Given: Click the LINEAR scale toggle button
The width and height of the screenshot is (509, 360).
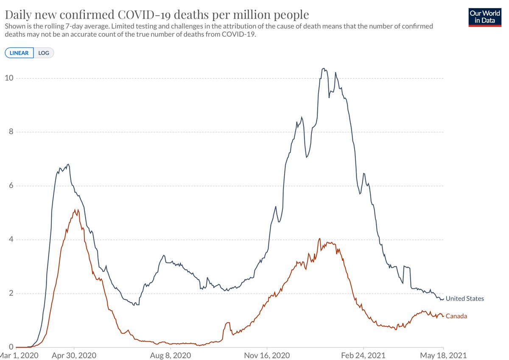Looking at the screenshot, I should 19,53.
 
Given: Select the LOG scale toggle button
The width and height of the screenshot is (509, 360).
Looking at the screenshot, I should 44,53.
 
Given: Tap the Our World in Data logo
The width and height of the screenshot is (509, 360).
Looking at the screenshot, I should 484,17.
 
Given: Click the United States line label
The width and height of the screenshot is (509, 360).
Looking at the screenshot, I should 464,299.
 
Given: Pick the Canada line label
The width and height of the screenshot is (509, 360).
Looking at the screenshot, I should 456,316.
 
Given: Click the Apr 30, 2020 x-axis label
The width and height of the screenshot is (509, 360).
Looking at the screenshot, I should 75,355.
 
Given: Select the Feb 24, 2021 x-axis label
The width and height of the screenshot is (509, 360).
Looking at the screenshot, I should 364,355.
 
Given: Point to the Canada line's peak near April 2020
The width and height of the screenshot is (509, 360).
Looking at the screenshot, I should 75,210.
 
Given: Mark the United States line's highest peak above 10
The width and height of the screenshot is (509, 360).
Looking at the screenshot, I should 324,68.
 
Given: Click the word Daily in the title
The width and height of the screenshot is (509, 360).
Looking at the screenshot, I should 18,15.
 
